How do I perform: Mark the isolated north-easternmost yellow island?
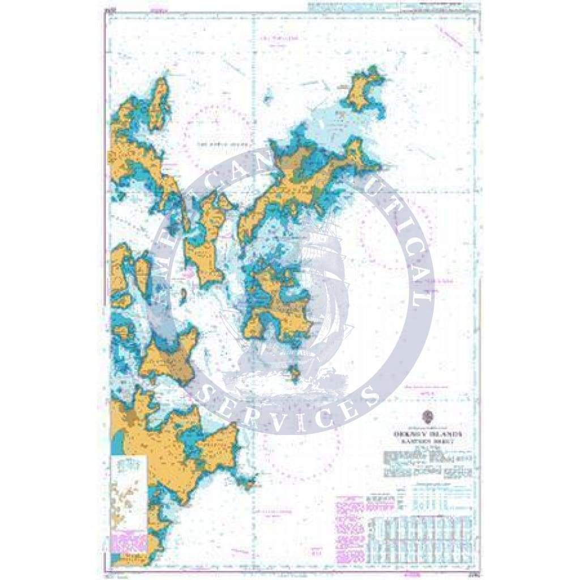[362, 91]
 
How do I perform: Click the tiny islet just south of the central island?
[294, 372]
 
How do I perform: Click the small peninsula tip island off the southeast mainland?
[248, 484]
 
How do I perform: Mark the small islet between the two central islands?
[183, 293]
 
